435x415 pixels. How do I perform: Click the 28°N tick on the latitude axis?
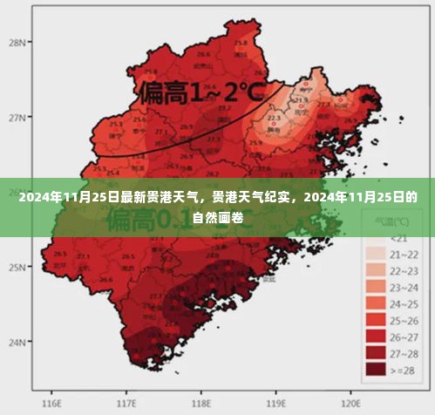click(x=17, y=41)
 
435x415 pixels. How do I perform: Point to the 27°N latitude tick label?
click(x=17, y=116)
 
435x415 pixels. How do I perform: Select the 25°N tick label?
click(x=17, y=267)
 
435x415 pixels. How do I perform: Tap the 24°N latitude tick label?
click(x=17, y=343)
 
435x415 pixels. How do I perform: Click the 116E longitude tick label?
click(x=52, y=404)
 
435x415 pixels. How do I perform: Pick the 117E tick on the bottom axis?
click(x=127, y=404)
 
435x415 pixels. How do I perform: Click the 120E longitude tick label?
click(x=351, y=404)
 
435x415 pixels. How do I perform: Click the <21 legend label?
click(x=398, y=238)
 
